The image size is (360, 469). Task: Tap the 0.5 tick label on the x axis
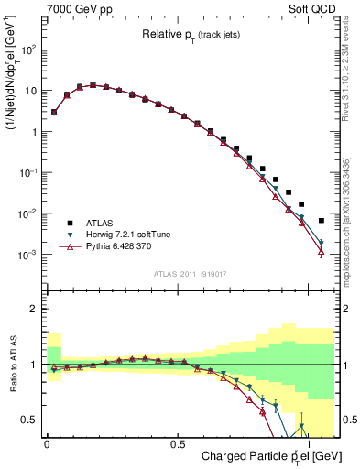pyautogui.click(x=178, y=441)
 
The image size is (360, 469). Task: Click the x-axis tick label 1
pyautogui.click(x=308, y=441)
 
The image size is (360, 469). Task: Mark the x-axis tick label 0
pyautogui.click(x=47, y=441)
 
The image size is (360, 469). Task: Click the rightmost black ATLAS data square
pyautogui.click(x=321, y=221)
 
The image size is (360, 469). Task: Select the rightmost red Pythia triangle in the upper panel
pyautogui.click(x=321, y=253)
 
